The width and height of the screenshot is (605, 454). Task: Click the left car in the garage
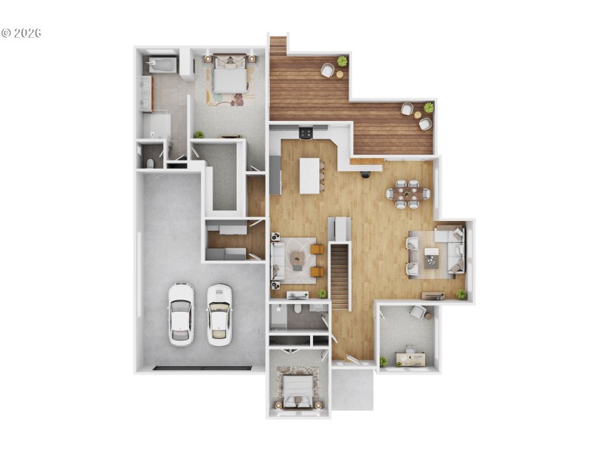(181, 313)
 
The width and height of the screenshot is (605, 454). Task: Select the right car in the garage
(219, 313)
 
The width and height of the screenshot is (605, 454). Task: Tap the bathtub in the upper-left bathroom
(160, 65)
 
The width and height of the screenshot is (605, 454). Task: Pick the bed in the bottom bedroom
(296, 388)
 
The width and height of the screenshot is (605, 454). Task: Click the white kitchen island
(310, 176)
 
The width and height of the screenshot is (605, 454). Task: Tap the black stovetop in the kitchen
(306, 133)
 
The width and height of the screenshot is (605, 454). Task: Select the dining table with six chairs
(408, 194)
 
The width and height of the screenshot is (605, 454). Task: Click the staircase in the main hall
(340, 276)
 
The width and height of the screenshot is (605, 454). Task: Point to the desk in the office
(410, 359)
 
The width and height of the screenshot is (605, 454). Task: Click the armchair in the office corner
(418, 311)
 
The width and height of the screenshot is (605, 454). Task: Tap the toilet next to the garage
(150, 163)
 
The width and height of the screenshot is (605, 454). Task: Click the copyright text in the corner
(21, 33)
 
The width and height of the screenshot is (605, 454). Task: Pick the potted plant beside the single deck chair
(343, 61)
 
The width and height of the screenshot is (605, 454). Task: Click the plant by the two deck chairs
(429, 107)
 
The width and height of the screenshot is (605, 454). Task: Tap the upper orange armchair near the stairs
(316, 249)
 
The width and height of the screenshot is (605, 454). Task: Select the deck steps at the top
(278, 45)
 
